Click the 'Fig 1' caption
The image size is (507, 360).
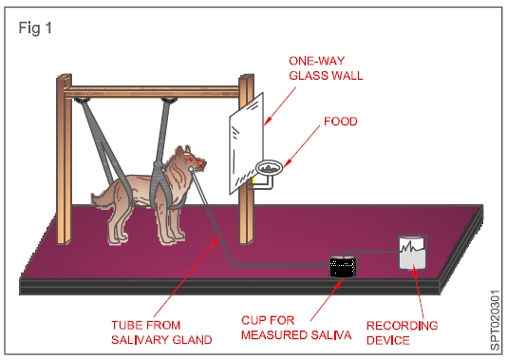[35, 28]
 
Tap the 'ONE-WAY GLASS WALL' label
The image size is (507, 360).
[326, 68]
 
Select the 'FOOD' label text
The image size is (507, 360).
[341, 122]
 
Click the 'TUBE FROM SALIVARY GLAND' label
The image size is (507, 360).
[161, 332]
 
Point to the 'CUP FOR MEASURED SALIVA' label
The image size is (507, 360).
[296, 328]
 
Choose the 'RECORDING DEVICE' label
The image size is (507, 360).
[402, 332]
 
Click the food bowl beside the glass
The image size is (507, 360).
[269, 167]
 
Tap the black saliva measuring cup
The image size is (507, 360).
[343, 267]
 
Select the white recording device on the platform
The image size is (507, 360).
[412, 252]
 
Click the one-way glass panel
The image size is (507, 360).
[247, 143]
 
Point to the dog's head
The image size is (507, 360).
[190, 161]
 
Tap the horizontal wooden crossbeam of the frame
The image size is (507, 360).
[152, 92]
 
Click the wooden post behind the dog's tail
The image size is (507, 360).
[64, 160]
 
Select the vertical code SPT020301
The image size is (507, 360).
[496, 320]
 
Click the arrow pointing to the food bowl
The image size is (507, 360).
[302, 146]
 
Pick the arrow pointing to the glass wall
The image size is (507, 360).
[280, 106]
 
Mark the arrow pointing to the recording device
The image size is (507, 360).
[419, 291]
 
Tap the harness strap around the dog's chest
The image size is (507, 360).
[160, 181]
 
